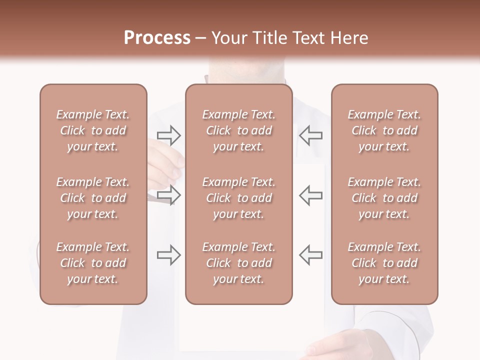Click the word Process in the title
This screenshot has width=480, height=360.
[x=157, y=37]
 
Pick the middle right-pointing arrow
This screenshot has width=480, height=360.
[x=169, y=195]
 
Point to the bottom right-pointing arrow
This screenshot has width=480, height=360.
[x=169, y=255]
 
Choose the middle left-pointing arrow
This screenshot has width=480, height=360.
[x=311, y=195]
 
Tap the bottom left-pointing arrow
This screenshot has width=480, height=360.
[x=311, y=255]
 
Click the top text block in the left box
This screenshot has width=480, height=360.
[x=93, y=130]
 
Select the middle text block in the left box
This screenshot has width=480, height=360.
[x=93, y=198]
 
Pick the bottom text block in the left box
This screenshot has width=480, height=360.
[x=93, y=263]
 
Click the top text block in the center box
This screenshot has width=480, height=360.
[x=239, y=130]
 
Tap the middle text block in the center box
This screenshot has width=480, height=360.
[x=239, y=198]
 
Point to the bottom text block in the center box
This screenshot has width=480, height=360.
[x=239, y=263]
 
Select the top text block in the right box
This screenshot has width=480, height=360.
[x=384, y=130]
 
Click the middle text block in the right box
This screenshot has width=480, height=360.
[x=384, y=198]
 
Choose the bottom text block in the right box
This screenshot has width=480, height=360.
[x=384, y=263]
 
